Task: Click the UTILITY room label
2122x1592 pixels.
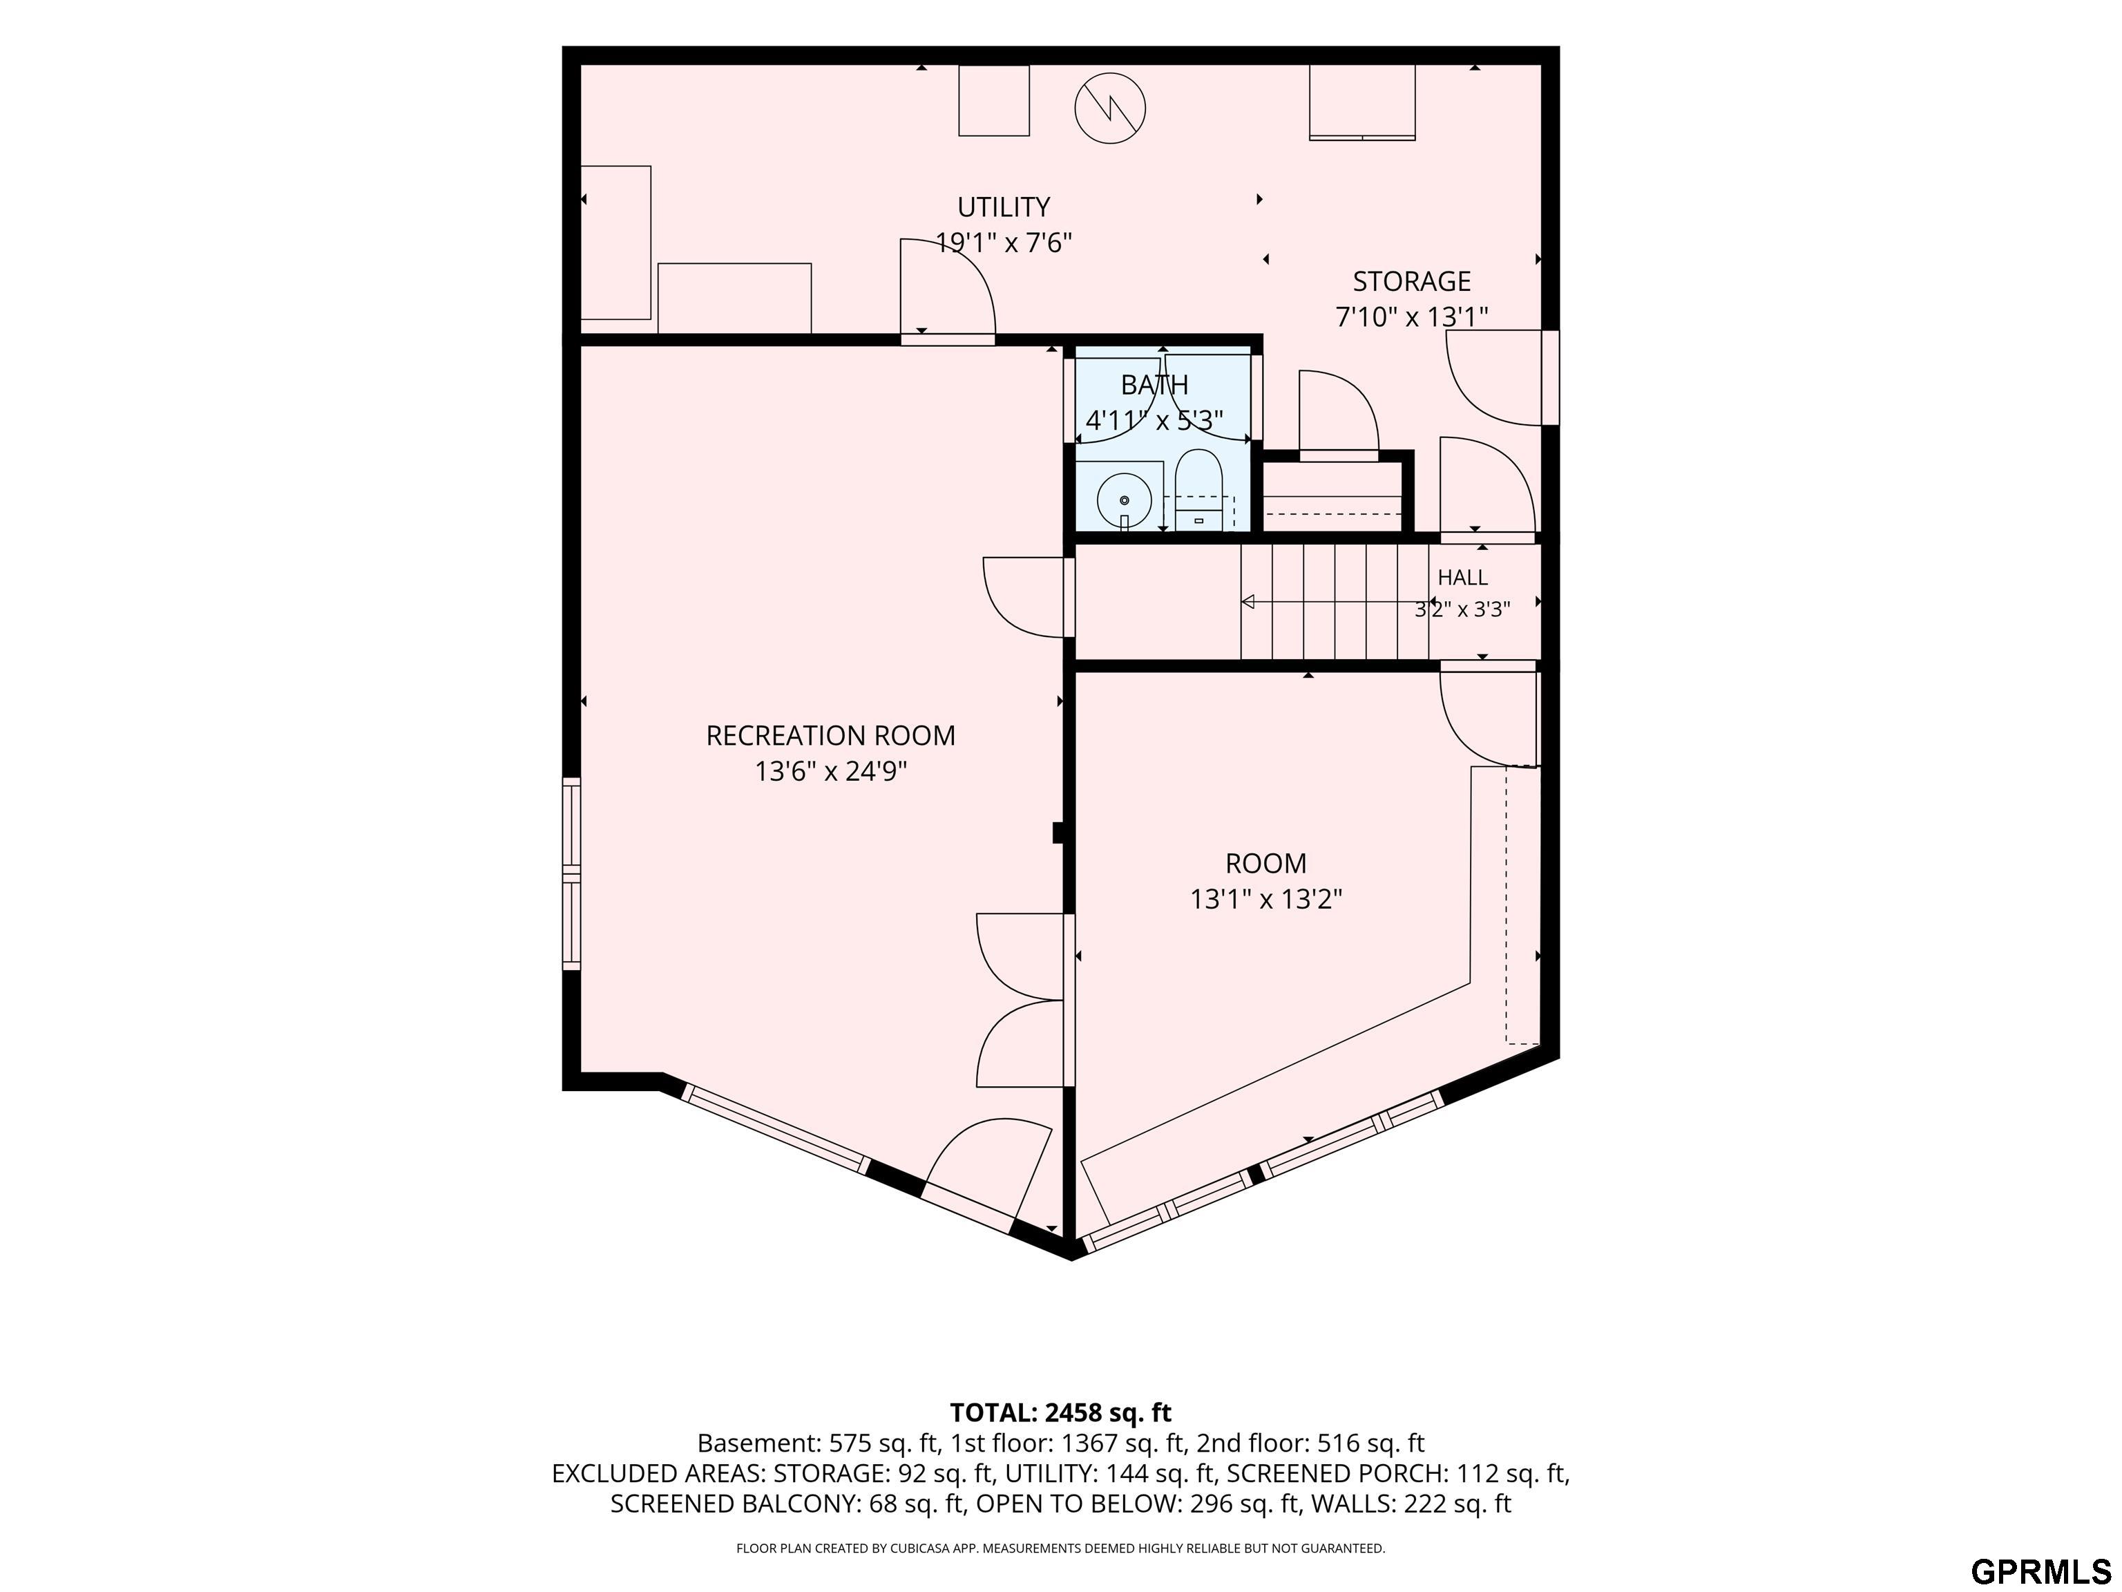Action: point(1004,207)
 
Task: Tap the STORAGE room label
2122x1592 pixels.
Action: point(1411,281)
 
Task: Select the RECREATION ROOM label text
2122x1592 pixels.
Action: point(831,736)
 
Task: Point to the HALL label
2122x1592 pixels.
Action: point(1463,578)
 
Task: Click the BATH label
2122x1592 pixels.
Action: point(1154,385)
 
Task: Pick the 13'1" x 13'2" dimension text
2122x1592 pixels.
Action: point(1266,899)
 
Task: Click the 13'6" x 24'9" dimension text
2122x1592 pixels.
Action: point(831,772)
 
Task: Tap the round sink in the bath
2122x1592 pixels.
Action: point(1125,500)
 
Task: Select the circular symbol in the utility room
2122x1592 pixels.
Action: point(1110,109)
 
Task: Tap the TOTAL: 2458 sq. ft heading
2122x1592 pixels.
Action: point(1061,1412)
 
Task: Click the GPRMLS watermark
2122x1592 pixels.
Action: point(2040,1572)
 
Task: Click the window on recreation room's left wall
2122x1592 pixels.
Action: point(572,873)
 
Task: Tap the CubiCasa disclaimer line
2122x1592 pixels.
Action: point(1061,1548)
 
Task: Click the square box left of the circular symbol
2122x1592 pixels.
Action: point(994,101)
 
